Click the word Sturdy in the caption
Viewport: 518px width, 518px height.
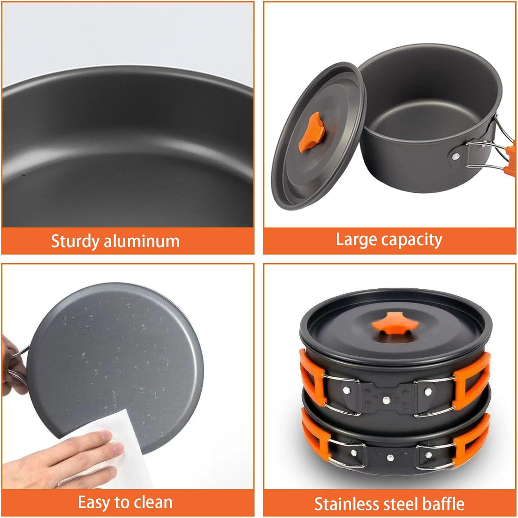[75, 241]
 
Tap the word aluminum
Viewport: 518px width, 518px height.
[142, 241]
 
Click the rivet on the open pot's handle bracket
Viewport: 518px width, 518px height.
[456, 156]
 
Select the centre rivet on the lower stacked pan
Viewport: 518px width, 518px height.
[390, 458]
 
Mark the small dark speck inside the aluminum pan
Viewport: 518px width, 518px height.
[23, 174]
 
